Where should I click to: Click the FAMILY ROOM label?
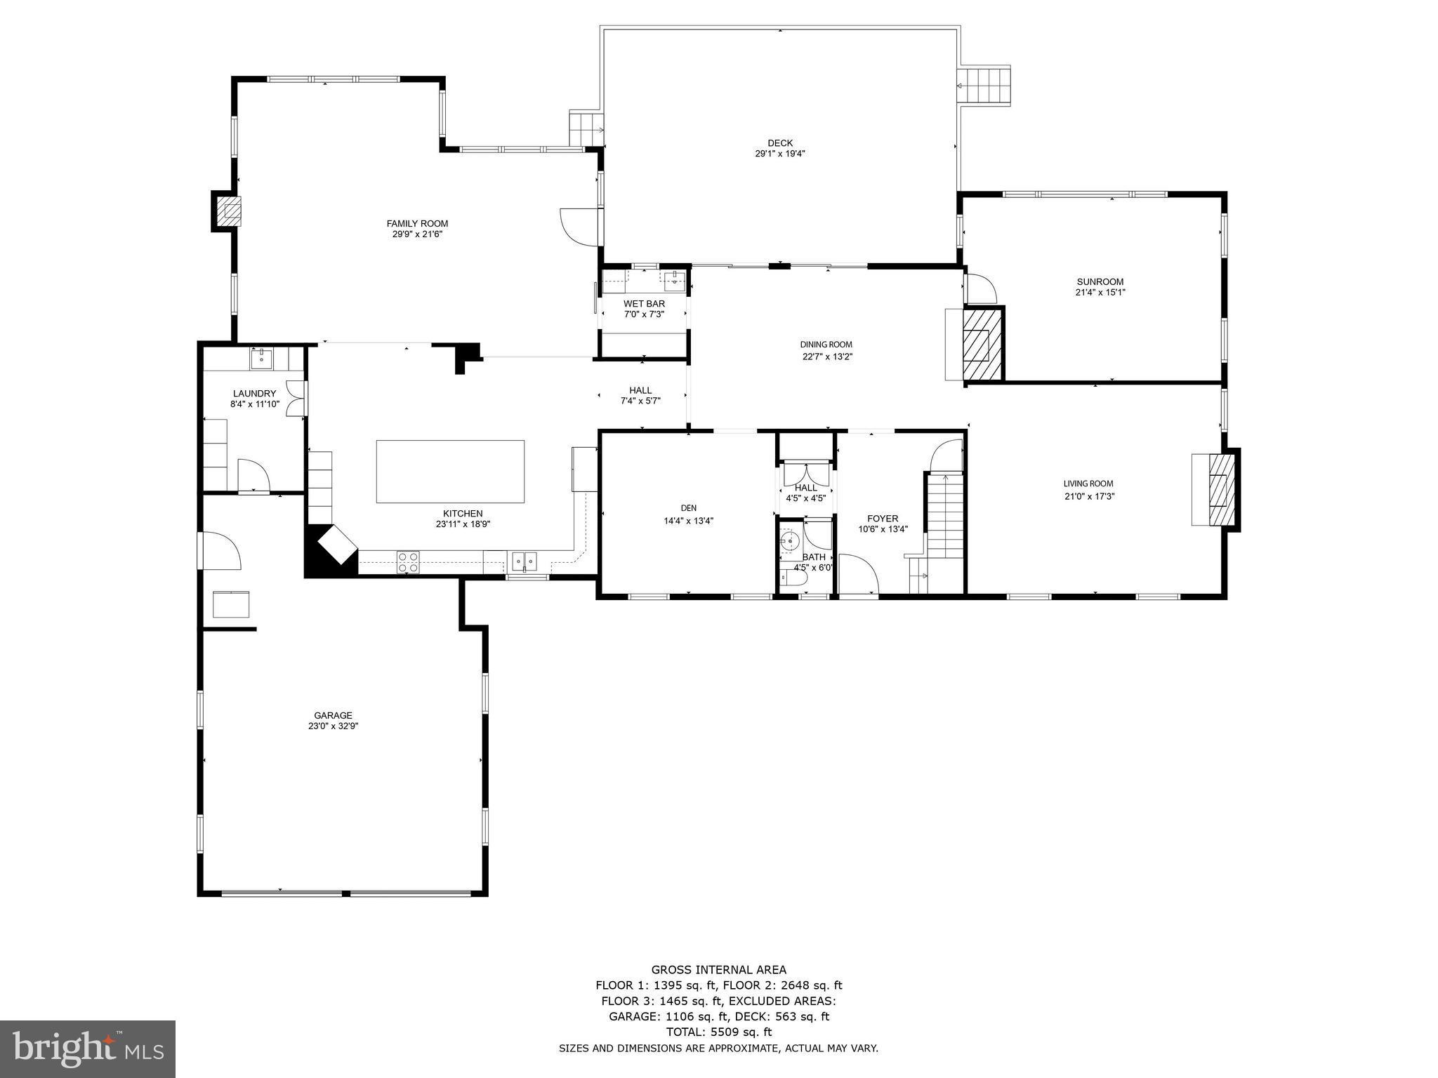click(417, 224)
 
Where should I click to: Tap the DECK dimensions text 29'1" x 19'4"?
click(779, 154)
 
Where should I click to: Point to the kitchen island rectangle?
click(450, 471)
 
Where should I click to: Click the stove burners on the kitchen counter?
click(409, 561)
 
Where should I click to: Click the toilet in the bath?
click(791, 578)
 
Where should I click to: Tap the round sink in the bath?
click(789, 541)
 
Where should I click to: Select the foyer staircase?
click(945, 516)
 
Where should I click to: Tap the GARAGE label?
click(333, 716)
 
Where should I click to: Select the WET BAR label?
click(644, 304)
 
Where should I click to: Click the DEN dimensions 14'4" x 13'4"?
click(688, 521)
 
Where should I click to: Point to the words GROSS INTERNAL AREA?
click(718, 970)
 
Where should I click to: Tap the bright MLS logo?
click(88, 1049)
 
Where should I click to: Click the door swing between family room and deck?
click(578, 226)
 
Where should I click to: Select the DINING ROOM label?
click(826, 345)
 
